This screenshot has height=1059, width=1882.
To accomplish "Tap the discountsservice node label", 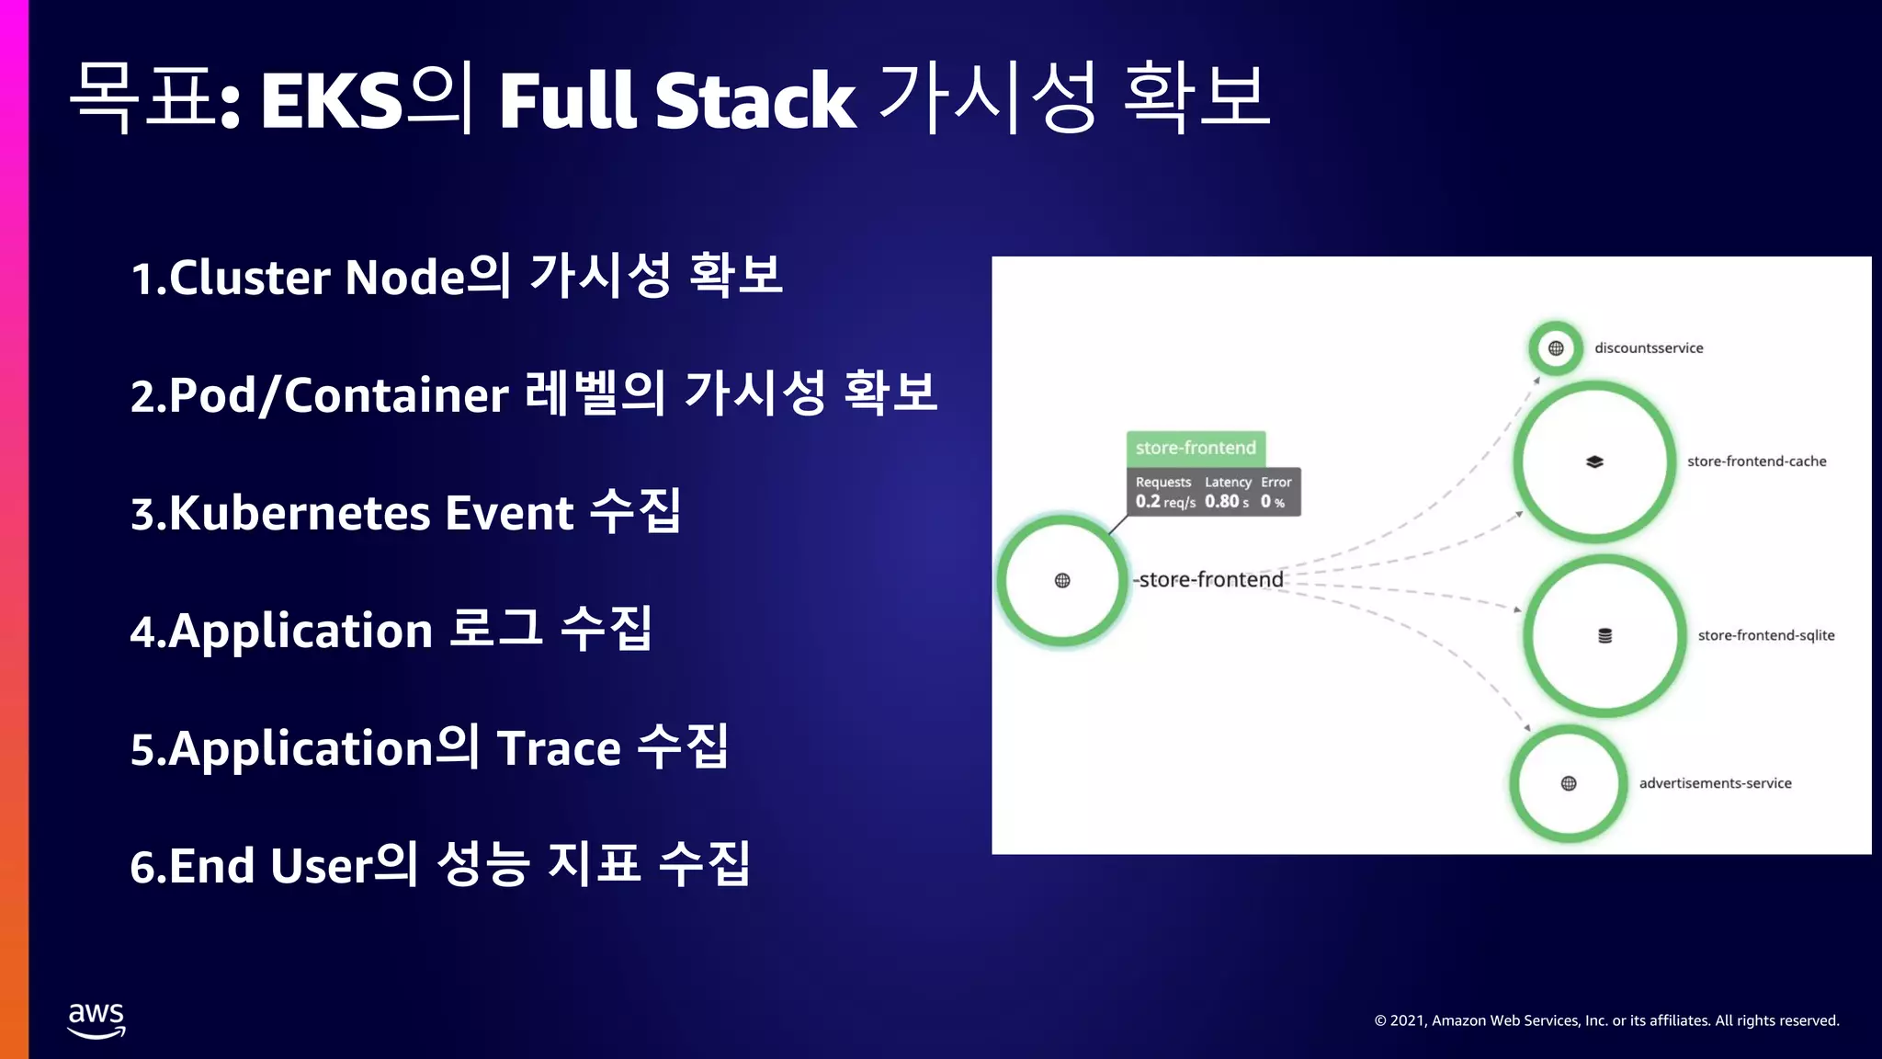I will [x=1649, y=348].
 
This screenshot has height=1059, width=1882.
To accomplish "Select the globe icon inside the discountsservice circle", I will [x=1556, y=348].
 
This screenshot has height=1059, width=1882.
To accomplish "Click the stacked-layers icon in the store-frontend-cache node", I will [x=1594, y=461].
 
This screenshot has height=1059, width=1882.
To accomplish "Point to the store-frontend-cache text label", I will [x=1756, y=461].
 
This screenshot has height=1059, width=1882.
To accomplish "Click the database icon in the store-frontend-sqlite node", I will [x=1604, y=635].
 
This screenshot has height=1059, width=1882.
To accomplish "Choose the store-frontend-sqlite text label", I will [x=1765, y=635].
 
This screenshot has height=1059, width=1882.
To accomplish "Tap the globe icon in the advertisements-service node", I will [x=1569, y=783].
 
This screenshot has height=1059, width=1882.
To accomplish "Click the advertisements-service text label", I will [x=1715, y=783].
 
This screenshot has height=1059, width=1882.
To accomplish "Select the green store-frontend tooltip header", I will [x=1196, y=448].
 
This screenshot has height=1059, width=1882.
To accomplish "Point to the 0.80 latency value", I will [x=1222, y=502].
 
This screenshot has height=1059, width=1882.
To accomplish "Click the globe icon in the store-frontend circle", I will [x=1062, y=580].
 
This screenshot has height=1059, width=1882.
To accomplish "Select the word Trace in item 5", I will [x=559, y=748].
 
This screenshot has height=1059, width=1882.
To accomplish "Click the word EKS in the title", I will [x=332, y=100].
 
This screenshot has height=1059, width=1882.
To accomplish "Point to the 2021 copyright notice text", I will [x=1606, y=1020].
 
